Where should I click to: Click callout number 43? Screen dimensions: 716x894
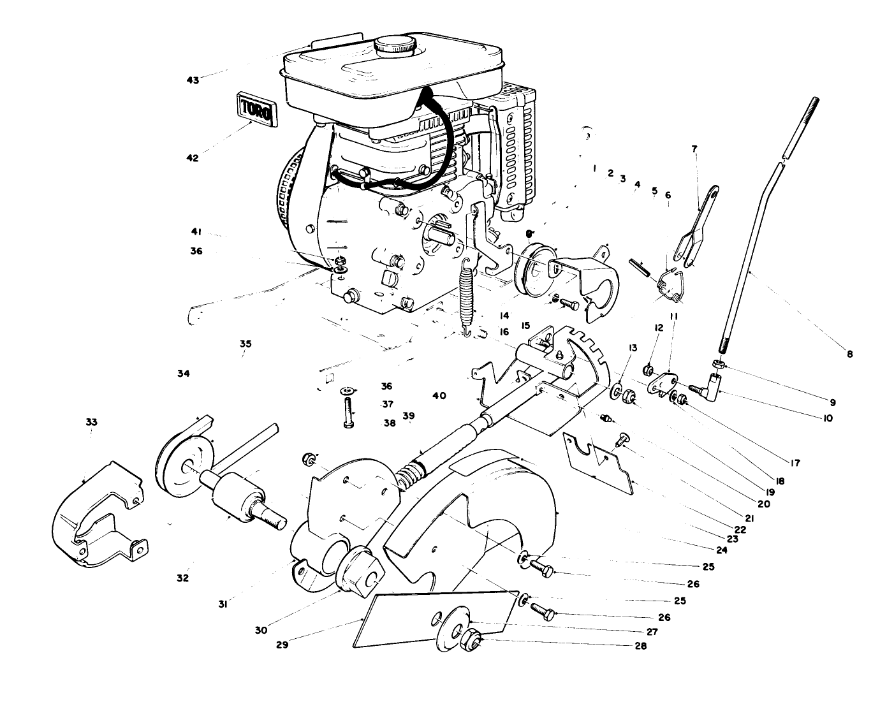click(193, 80)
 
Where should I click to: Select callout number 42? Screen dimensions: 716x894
click(193, 158)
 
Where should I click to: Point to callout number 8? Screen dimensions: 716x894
click(849, 354)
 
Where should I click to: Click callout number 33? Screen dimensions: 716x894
click(92, 422)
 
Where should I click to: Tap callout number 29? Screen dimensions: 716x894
click(282, 644)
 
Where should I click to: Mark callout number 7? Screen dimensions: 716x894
click(694, 149)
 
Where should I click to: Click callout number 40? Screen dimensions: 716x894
click(439, 396)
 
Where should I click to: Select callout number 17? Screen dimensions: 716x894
click(795, 464)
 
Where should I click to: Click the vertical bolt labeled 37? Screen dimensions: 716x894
click(349, 413)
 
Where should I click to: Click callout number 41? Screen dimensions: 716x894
click(196, 231)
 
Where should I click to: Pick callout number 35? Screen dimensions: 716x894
click(245, 344)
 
